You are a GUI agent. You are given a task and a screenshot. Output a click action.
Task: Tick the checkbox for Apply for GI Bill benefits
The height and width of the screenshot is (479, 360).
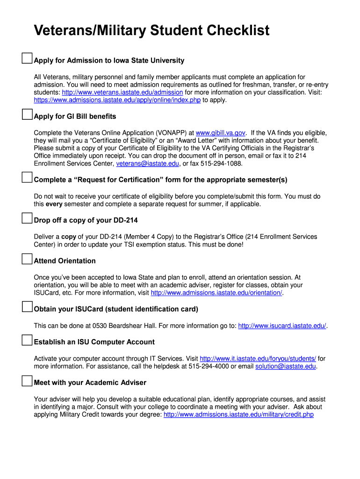click(x=27, y=114)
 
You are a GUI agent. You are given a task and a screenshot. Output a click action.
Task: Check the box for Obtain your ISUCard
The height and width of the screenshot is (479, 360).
click(x=27, y=307)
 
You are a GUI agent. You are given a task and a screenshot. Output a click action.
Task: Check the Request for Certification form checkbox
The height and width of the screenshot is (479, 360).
click(x=27, y=178)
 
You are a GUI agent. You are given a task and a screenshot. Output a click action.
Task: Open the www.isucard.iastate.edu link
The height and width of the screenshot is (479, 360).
click(x=282, y=326)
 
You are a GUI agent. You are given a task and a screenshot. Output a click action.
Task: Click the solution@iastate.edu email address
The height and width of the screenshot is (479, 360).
click(x=286, y=366)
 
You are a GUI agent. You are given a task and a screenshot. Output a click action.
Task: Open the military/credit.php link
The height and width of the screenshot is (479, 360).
click(x=238, y=414)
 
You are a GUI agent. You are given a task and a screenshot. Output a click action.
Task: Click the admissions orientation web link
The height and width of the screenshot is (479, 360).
click(x=216, y=293)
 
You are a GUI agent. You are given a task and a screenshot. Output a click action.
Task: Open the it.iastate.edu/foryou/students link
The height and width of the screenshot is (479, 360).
click(x=258, y=359)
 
